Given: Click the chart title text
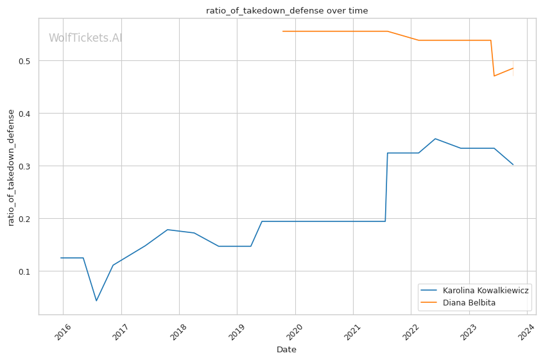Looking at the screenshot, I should pyautogui.click(x=287, y=10).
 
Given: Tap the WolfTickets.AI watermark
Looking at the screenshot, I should pyautogui.click(x=85, y=39).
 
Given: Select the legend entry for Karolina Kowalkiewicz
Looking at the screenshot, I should pyautogui.click(x=486, y=291).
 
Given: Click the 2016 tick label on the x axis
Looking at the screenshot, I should pyautogui.click(x=62, y=332).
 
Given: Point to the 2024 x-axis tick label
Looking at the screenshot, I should pyautogui.click(x=526, y=332).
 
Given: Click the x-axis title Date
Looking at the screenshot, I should pyautogui.click(x=286, y=350).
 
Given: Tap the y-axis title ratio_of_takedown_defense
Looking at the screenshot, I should pyautogui.click(x=11, y=167).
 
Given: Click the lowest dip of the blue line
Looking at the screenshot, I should pyautogui.click(x=96, y=300).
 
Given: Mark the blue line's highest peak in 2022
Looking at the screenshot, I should pyautogui.click(x=435, y=139).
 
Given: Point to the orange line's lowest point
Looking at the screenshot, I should pyautogui.click(x=494, y=76).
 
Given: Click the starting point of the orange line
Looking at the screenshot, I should pyautogui.click(x=283, y=31).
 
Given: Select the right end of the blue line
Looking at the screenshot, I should pyautogui.click(x=513, y=164).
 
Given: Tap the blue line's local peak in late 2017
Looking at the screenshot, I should pyautogui.click(x=167, y=229).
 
